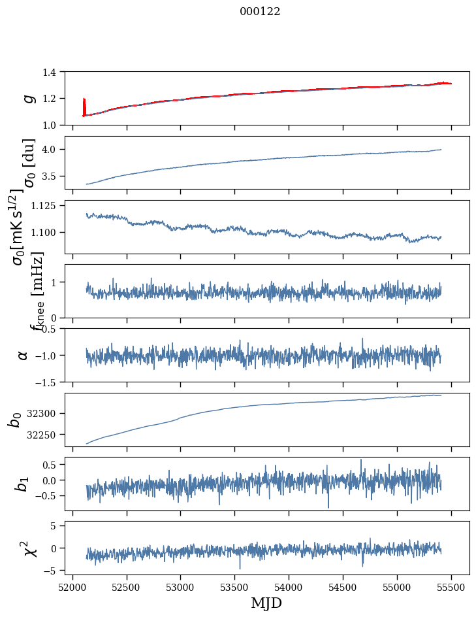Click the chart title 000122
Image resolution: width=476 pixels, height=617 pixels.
pyautogui.click(x=260, y=12)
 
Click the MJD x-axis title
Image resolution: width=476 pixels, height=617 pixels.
pyautogui.click(x=266, y=603)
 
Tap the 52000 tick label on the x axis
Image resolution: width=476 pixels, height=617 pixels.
pyautogui.click(x=72, y=586)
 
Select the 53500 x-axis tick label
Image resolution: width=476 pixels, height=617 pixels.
pyautogui.click(x=234, y=586)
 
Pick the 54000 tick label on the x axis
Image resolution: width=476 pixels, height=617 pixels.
pyautogui.click(x=289, y=586)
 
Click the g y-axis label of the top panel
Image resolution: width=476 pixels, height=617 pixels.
pyautogui.click(x=28, y=98)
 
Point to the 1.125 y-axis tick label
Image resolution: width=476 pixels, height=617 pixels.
pyautogui.click(x=50, y=205)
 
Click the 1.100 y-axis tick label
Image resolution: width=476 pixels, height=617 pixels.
pyautogui.click(x=50, y=233)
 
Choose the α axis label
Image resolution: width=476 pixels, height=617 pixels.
pyautogui.click(x=24, y=355)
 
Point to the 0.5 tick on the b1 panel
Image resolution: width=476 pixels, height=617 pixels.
pyautogui.click(x=56, y=465)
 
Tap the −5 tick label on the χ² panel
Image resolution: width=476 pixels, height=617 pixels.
pyautogui.click(x=57, y=571)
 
